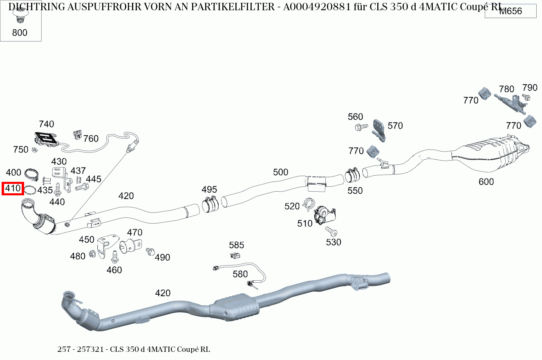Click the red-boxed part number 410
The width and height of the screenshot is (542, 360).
pos(13,189)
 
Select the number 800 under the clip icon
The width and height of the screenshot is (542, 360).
pos(20,33)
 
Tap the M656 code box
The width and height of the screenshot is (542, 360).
pos(511,11)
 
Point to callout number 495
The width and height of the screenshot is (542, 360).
pos(209,190)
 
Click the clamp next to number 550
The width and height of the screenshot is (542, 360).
pos(352,176)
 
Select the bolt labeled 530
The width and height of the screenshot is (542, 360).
pos(331,232)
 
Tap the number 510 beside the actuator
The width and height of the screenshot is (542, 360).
pos(305,224)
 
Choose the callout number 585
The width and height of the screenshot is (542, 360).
pos(236,245)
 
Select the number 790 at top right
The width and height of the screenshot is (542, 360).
pos(530,88)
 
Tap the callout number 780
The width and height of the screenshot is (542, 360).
pos(506,89)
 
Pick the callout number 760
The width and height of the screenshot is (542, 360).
pos(91,139)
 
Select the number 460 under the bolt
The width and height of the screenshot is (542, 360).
pos(114,270)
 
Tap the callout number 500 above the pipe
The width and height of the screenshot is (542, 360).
pos(280,172)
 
